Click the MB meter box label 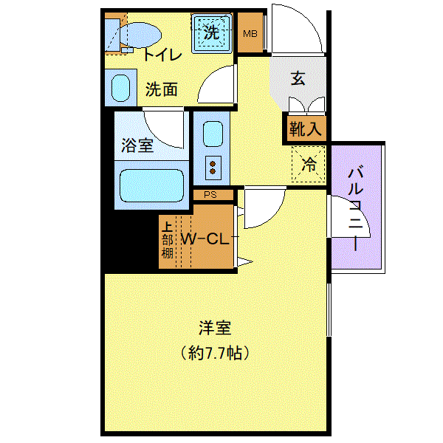point(250,34)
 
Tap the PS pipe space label point(210,195)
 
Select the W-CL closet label point(205,239)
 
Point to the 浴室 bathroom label point(137,145)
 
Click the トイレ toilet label point(162,55)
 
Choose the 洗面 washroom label point(162,89)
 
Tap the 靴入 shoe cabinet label point(305,128)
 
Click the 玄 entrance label point(298,78)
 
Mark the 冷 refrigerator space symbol point(309,164)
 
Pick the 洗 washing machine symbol point(212,32)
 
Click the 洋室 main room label point(215,328)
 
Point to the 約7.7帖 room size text point(215,353)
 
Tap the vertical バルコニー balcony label point(355,210)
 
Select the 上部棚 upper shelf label point(168,241)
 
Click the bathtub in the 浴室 point(151,185)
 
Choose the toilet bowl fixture point(140,35)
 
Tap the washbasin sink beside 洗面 point(120,88)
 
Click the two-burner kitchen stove point(213,168)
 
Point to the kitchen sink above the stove point(213,134)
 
